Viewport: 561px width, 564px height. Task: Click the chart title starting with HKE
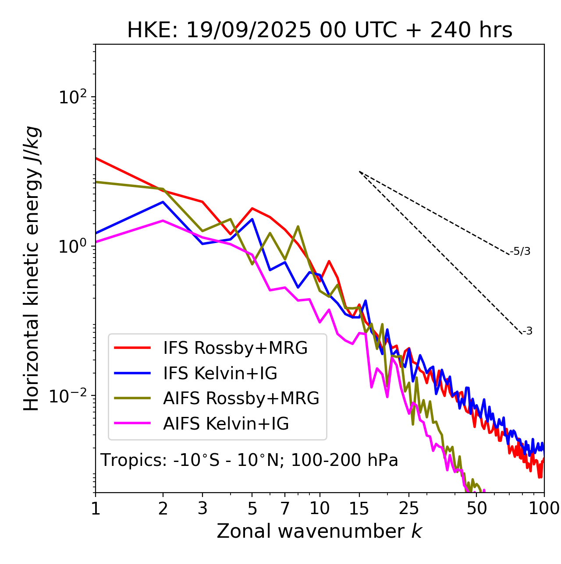pyautogui.click(x=320, y=31)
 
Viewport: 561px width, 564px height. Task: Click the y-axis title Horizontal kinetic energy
pyautogui.click(x=32, y=268)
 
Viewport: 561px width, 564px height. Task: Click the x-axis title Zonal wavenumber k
pyautogui.click(x=319, y=531)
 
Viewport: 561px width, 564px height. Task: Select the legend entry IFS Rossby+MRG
pyautogui.click(x=235, y=348)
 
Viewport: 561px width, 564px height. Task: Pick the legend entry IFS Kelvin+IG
pyautogui.click(x=220, y=373)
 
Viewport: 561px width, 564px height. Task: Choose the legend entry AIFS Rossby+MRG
pyautogui.click(x=241, y=398)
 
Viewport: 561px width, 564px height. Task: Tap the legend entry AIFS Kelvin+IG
pyautogui.click(x=226, y=424)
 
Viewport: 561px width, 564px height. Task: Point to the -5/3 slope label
pyautogui.click(x=520, y=251)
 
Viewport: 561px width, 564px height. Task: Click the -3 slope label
pyautogui.click(x=527, y=331)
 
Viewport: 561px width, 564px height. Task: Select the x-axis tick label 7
pyautogui.click(x=285, y=508)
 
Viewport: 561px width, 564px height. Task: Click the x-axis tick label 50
pyautogui.click(x=477, y=508)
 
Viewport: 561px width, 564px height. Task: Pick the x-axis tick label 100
pyautogui.click(x=544, y=508)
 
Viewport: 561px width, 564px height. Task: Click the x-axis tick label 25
pyautogui.click(x=409, y=508)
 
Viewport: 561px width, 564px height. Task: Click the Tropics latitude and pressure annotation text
pyautogui.click(x=249, y=461)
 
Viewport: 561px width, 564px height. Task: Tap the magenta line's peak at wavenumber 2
pyautogui.click(x=163, y=221)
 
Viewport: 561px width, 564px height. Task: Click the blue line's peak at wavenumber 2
pyautogui.click(x=163, y=202)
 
